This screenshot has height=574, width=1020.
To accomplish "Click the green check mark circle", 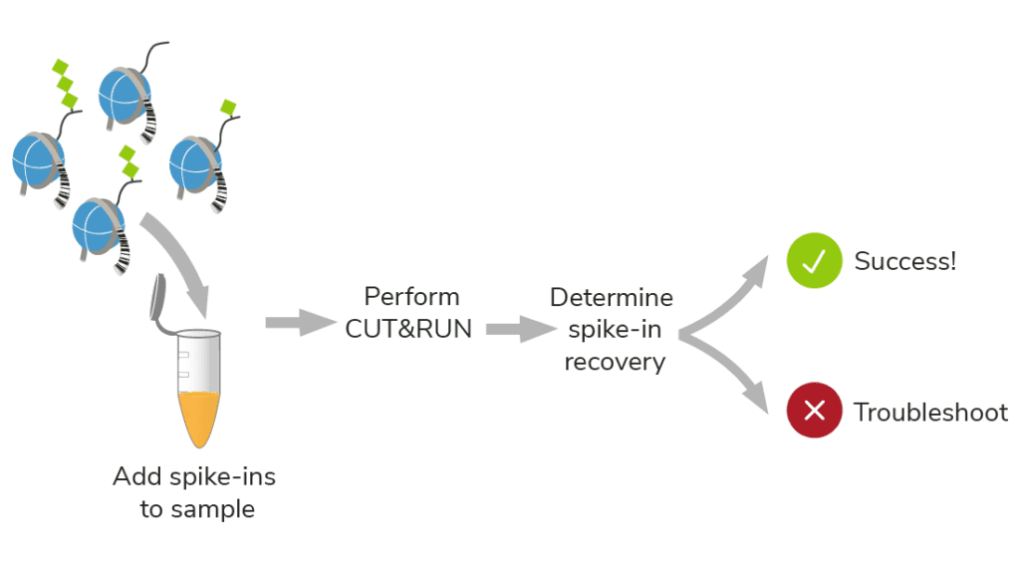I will [x=815, y=261].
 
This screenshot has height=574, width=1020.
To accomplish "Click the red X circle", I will [x=815, y=412].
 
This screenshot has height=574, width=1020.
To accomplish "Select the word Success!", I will [x=904, y=262].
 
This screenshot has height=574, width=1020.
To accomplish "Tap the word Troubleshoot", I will [x=930, y=413].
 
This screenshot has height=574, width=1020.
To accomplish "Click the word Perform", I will [x=411, y=297].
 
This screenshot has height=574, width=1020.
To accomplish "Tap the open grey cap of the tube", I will [x=159, y=299].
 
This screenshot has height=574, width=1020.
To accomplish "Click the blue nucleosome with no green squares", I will [x=125, y=92].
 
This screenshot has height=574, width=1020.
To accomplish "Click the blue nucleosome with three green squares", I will [x=38, y=159].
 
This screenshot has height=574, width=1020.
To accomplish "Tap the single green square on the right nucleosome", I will [x=229, y=106].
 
